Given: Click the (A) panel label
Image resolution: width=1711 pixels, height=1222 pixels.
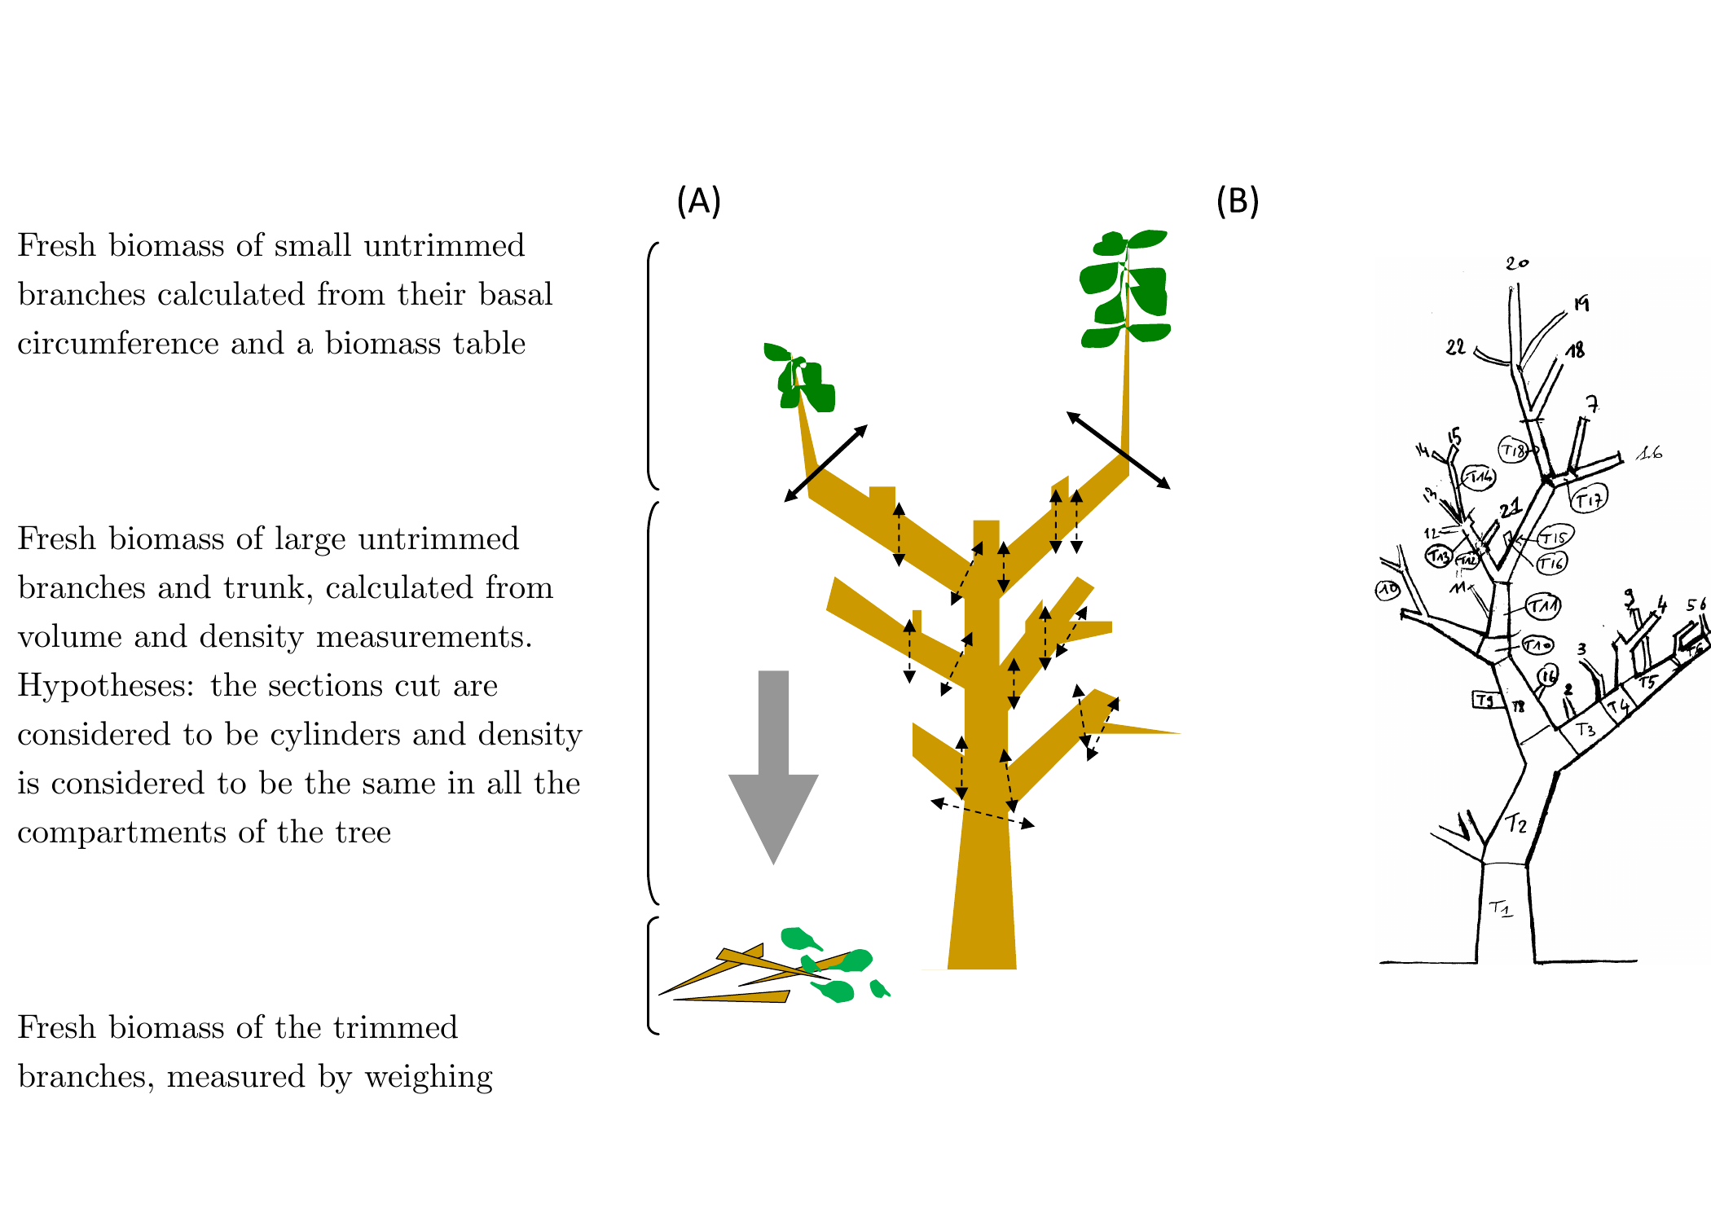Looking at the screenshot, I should point(698,200).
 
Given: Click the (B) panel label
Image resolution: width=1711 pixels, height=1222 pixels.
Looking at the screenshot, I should point(1237,200).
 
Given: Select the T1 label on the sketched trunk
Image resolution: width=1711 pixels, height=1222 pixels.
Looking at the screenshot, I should point(1500,908).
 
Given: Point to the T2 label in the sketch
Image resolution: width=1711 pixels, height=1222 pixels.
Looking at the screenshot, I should point(1515,824).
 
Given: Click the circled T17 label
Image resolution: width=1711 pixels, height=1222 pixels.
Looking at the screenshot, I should point(1589,499).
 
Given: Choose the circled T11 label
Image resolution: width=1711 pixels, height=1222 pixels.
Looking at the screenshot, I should point(1542,606).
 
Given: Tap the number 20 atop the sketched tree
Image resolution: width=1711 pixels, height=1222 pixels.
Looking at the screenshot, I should point(1516,263).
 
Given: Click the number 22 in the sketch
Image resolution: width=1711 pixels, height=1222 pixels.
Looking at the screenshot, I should point(1455,348).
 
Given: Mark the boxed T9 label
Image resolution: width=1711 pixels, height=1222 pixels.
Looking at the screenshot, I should point(1486,700).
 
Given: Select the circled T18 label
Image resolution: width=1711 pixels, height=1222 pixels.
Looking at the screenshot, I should point(1513,450).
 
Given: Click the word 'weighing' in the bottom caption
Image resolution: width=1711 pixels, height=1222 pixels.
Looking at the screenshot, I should point(429,1077).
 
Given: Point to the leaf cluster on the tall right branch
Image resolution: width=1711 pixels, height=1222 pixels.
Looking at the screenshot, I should point(1125,288).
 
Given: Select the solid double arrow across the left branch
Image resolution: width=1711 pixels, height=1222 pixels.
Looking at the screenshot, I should point(825,463).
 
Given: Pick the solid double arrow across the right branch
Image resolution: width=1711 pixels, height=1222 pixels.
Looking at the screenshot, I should point(1118,451).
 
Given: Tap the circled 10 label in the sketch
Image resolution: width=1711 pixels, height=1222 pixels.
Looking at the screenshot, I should point(1388,589).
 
